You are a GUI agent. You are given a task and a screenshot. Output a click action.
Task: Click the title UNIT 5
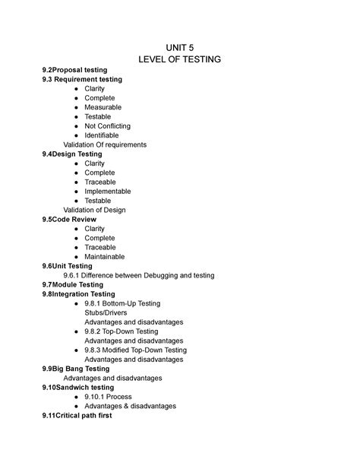(180, 47)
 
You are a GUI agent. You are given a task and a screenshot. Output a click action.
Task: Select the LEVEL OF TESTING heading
(180, 60)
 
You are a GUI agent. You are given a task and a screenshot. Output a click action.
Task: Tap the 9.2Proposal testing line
(74, 70)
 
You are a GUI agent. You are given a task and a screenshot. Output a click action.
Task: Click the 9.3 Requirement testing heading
(82, 79)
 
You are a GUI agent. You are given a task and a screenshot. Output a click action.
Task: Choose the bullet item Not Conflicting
(108, 126)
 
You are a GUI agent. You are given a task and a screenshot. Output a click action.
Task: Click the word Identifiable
(102, 135)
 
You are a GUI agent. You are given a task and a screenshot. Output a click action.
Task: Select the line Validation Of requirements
(105, 144)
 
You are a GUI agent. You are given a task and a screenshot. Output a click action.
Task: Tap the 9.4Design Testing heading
(73, 154)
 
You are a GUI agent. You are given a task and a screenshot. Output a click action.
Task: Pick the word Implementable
(108, 192)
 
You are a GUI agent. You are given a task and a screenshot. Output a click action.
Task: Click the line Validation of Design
(94, 210)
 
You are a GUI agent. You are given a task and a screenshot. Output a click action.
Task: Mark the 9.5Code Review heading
(69, 219)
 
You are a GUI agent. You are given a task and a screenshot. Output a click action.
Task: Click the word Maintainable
(106, 256)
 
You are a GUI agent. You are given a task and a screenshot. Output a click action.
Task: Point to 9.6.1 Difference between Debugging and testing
(139, 275)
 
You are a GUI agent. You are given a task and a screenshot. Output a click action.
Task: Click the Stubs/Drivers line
(106, 312)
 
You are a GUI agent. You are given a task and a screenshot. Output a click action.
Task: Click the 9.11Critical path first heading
(77, 415)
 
